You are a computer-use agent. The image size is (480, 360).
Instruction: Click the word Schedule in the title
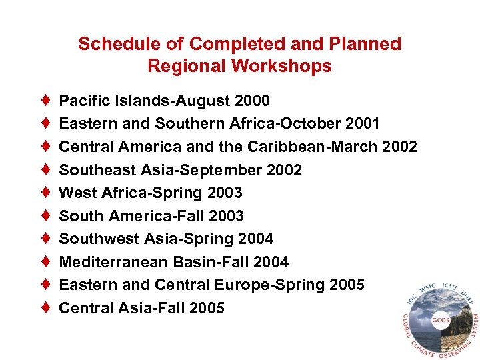(x=109, y=44)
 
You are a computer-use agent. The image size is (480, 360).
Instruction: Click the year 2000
(x=253, y=101)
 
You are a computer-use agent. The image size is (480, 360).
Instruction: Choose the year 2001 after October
(x=363, y=124)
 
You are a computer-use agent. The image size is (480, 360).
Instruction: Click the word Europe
(x=238, y=285)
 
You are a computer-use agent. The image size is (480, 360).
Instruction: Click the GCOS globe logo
(x=437, y=319)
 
